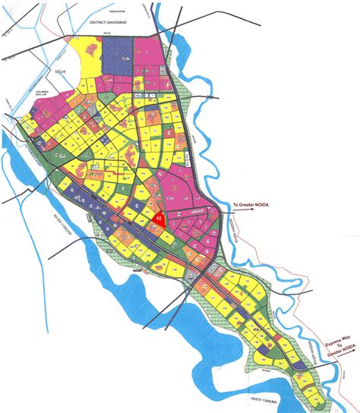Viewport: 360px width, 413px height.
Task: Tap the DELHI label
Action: pos(52,71)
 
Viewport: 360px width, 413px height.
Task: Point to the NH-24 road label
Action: pos(109,34)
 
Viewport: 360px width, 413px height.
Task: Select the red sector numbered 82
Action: pos(159,219)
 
